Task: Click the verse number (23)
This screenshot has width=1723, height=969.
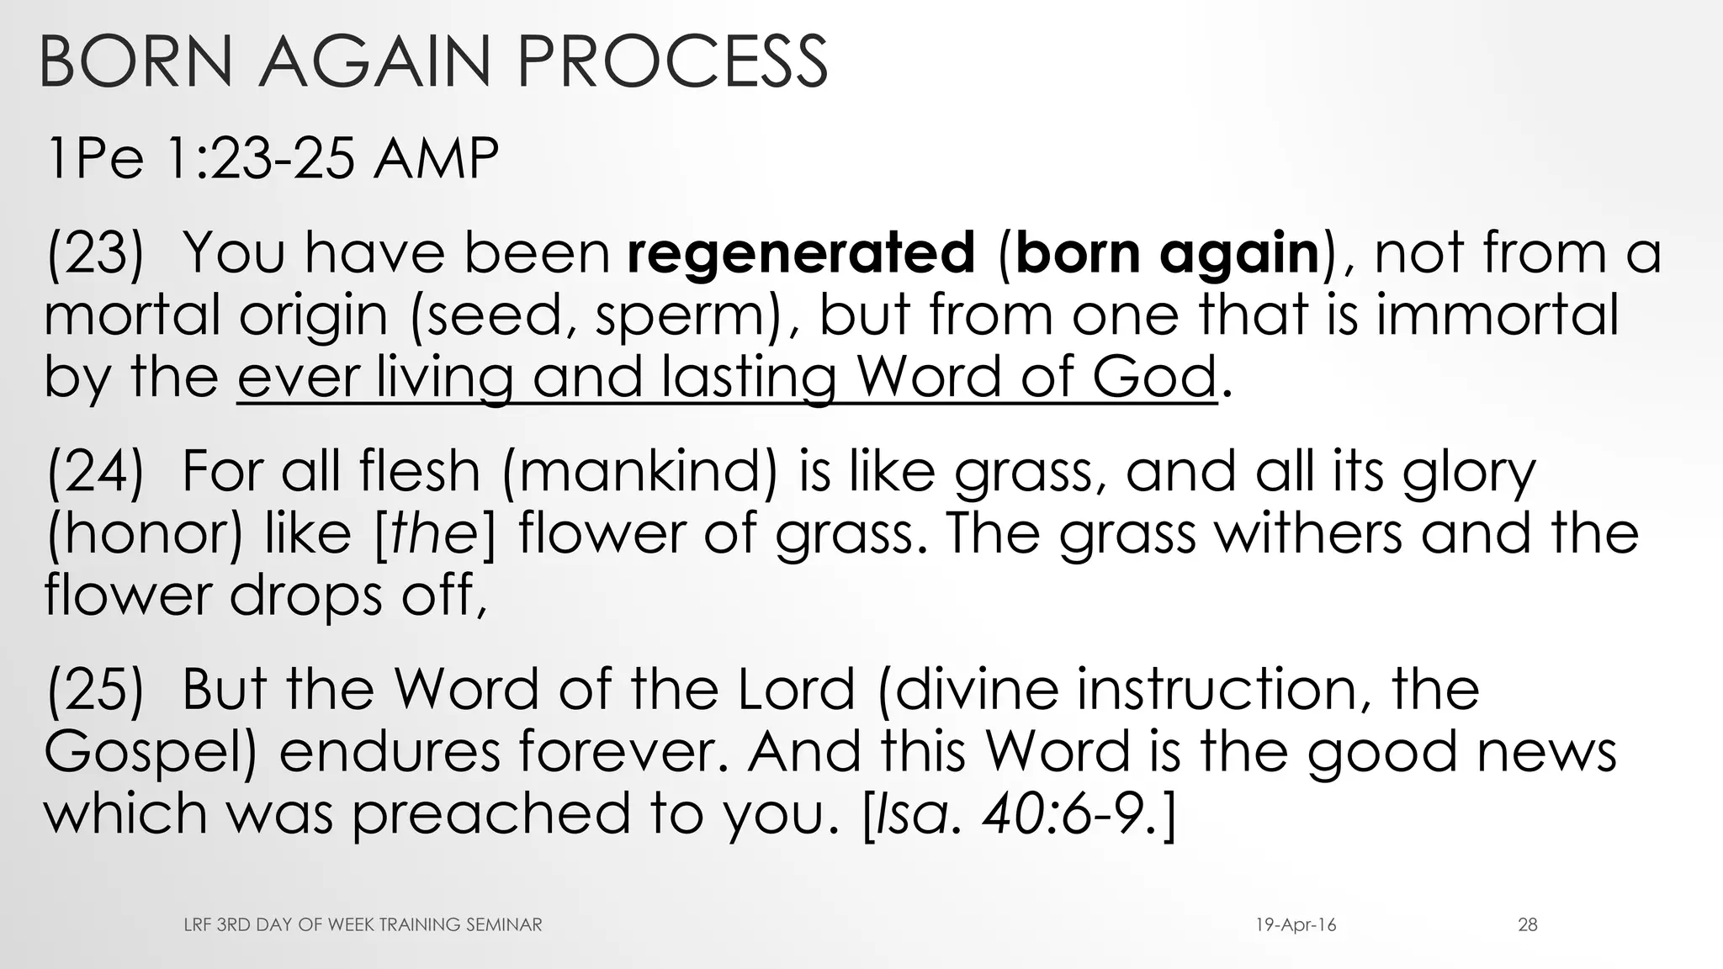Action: point(95,252)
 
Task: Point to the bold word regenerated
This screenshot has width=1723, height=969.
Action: point(801,252)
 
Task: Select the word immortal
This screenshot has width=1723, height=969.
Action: point(1497,315)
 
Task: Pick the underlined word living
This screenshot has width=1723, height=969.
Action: point(443,377)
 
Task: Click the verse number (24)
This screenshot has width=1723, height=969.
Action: point(95,470)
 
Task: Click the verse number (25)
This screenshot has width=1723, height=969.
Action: point(95,689)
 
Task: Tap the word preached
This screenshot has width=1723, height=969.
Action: point(490,813)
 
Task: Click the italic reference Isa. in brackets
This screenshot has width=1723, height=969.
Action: point(914,813)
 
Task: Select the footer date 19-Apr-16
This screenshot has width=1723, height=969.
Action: point(1296,925)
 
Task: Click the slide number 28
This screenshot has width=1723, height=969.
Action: point(1528,925)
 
